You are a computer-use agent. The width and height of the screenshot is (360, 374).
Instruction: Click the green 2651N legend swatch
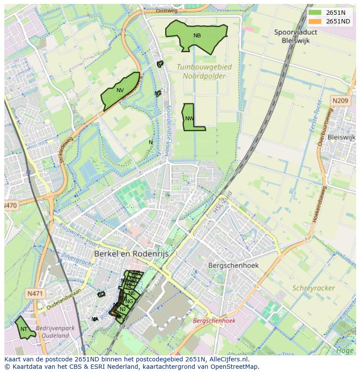click(315, 13)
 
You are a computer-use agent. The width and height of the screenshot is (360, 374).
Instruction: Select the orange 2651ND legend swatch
click(315, 22)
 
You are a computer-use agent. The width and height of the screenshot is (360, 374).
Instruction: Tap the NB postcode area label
click(197, 36)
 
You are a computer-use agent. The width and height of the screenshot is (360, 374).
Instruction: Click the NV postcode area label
click(120, 90)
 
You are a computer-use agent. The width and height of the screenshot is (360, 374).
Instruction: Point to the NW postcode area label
click(189, 119)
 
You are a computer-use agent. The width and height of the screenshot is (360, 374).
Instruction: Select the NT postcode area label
click(24, 329)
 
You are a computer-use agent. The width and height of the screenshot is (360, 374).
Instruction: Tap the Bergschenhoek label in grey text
click(233, 265)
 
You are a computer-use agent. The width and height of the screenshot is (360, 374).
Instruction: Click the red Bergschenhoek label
click(214, 321)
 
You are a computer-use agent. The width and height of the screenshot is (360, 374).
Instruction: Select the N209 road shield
click(340, 101)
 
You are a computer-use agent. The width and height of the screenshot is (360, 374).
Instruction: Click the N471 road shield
click(35, 294)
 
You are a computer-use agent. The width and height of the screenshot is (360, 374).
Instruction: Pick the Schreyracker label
click(313, 288)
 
